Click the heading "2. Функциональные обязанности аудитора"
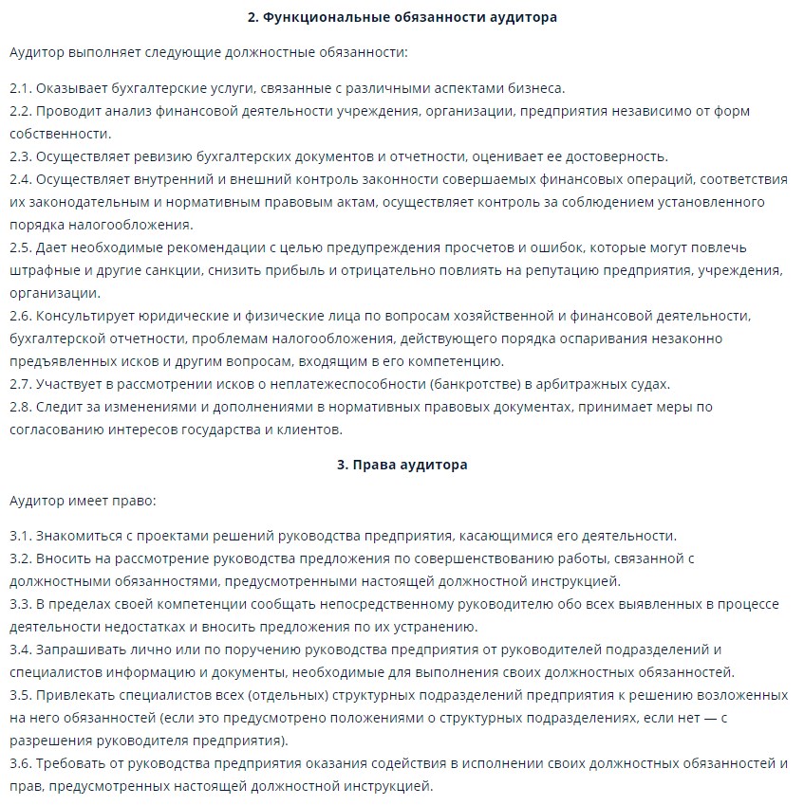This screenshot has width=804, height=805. click(x=402, y=17)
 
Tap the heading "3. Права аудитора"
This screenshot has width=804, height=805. click(x=402, y=465)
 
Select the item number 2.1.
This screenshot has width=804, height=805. click(x=21, y=88)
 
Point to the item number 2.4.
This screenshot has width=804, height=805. click(x=21, y=179)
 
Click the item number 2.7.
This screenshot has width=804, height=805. click(x=21, y=384)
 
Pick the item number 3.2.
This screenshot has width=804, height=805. click(x=21, y=558)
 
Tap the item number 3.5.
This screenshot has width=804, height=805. click(x=21, y=695)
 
